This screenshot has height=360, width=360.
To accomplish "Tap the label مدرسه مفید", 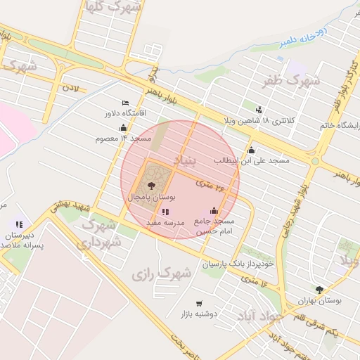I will [x=165, y=222].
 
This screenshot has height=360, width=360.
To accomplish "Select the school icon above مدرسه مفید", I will [x=165, y=212].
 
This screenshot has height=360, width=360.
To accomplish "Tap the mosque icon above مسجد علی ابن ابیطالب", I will [x=252, y=150].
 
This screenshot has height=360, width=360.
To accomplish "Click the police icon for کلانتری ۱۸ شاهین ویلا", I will [x=259, y=110].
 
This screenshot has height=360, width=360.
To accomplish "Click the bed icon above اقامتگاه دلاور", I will [x=125, y=103].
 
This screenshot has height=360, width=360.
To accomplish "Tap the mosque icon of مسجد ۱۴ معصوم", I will [x=124, y=128].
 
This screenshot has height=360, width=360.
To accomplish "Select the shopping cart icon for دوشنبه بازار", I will [x=199, y=303].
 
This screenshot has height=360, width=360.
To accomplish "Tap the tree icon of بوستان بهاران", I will [x=319, y=289].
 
